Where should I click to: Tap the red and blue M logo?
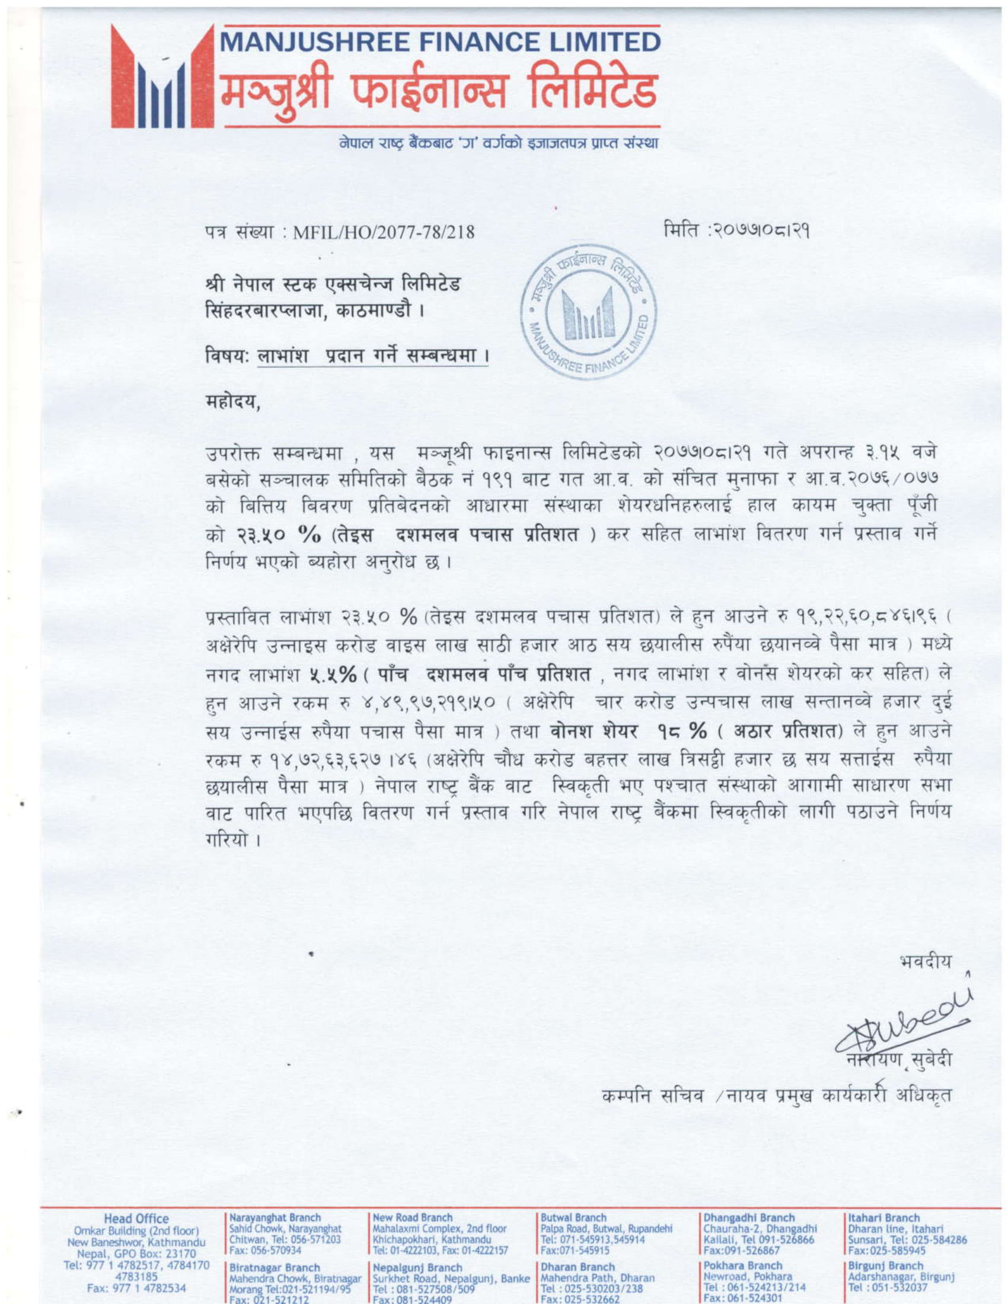tap(162, 78)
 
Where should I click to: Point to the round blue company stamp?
tap(588, 315)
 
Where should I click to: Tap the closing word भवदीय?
tap(925, 962)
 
